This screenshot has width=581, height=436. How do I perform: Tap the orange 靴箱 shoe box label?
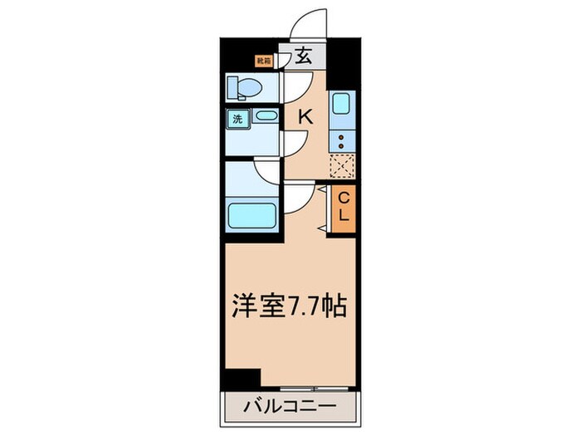[263, 61]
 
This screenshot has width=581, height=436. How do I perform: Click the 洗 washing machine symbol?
[237, 119]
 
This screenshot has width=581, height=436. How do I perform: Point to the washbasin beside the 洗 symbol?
[266, 117]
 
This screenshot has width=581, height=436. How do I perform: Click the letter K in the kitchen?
[305, 117]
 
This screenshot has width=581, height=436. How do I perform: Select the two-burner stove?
[342, 142]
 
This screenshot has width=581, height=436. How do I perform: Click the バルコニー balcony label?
[290, 409]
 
